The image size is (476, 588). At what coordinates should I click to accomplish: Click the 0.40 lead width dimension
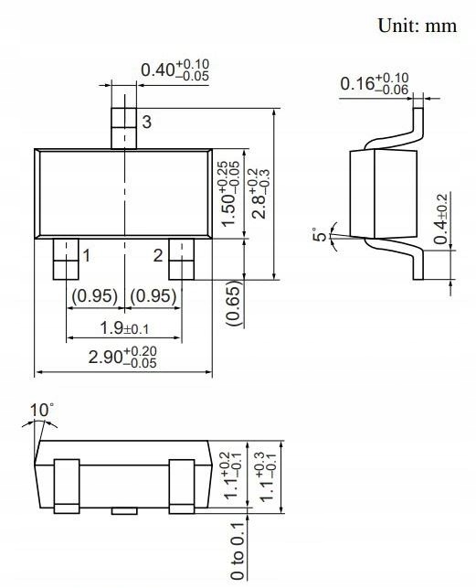(174, 70)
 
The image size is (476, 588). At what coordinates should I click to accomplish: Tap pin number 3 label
(146, 122)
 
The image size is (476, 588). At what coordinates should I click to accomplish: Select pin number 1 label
(86, 256)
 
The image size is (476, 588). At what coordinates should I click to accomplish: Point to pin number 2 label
(158, 256)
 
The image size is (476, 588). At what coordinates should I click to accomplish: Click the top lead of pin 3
(122, 127)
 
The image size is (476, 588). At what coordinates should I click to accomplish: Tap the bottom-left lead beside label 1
(65, 259)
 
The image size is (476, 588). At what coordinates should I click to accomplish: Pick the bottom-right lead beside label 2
(181, 259)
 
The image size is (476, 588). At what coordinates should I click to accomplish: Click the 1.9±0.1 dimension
(122, 328)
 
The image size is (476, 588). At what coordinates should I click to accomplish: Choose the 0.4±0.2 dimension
(441, 219)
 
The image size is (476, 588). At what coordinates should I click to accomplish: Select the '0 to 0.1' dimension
(238, 550)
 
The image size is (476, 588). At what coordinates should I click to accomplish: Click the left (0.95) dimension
(94, 295)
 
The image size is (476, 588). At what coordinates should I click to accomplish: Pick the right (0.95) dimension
(153, 295)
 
